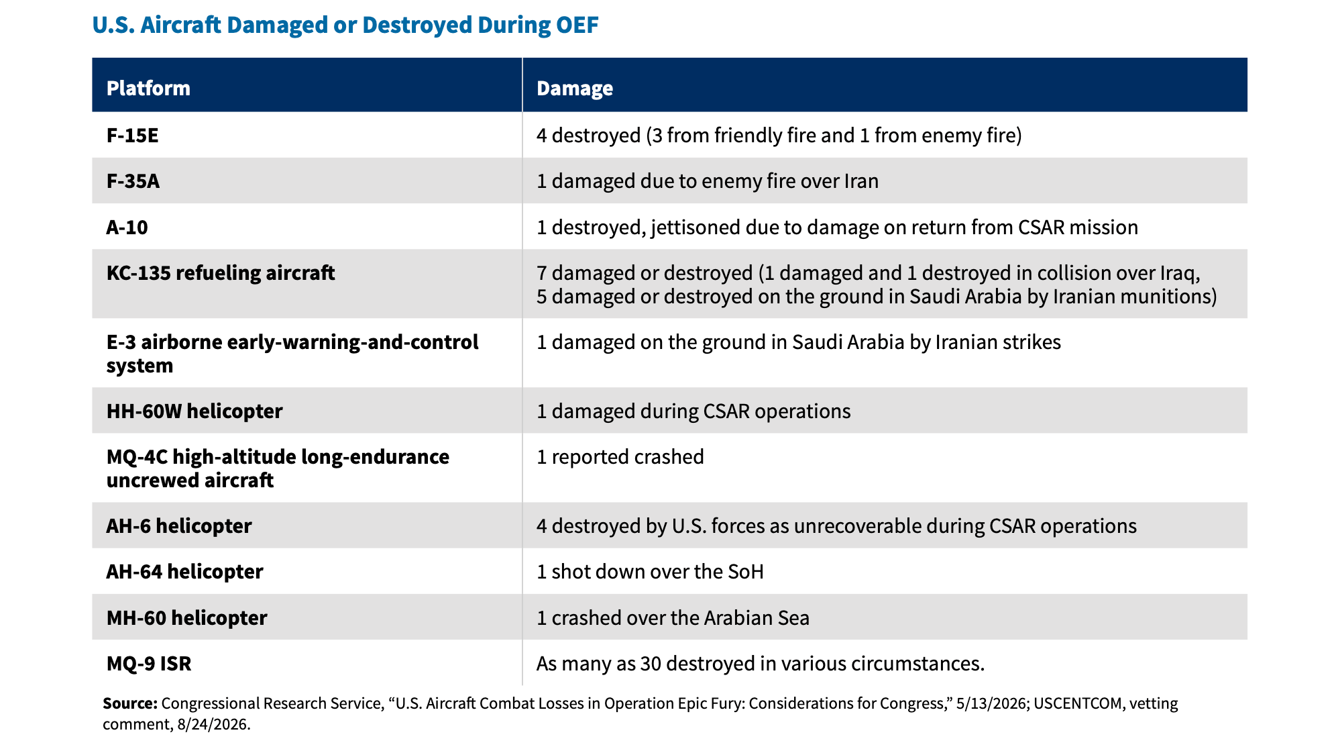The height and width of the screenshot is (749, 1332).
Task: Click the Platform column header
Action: tap(148, 88)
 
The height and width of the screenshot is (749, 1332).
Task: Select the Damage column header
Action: tap(575, 89)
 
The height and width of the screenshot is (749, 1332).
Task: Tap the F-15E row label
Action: tap(132, 136)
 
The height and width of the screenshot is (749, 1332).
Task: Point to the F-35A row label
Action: tap(133, 181)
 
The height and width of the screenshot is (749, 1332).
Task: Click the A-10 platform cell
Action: tap(127, 228)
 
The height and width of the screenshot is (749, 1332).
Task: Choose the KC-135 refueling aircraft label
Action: tap(221, 273)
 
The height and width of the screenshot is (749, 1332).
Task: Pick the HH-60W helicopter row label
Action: tap(195, 411)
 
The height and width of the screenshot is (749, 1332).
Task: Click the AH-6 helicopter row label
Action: tap(179, 526)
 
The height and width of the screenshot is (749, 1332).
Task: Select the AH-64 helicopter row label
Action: tap(184, 572)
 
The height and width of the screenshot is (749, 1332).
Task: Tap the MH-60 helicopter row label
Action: tap(186, 618)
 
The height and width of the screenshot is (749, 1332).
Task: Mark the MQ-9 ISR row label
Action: tap(149, 664)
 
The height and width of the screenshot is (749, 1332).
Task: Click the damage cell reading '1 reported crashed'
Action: tap(620, 457)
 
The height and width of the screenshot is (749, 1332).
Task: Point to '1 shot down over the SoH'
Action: tap(650, 572)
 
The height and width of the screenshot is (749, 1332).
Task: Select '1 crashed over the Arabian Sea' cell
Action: tap(673, 618)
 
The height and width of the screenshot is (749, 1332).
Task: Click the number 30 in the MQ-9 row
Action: tap(651, 664)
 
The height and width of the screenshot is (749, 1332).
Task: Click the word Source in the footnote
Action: tap(130, 703)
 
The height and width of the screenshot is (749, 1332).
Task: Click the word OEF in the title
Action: tap(577, 25)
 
